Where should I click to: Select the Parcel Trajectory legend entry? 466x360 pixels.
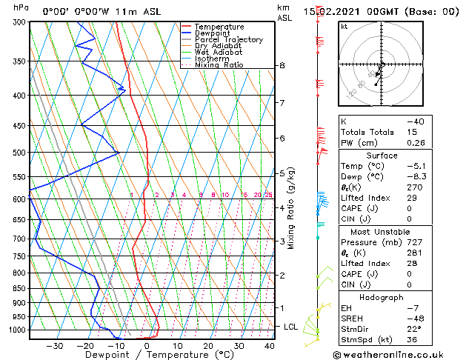click(228, 40)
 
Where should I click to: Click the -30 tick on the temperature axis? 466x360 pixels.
click(55, 345)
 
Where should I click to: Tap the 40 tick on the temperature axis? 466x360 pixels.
click(269, 345)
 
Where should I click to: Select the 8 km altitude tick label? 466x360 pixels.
click(282, 66)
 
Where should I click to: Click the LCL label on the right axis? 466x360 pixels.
click(292, 327)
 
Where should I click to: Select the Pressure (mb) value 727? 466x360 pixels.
click(415, 242)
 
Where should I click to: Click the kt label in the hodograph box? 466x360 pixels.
click(344, 26)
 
